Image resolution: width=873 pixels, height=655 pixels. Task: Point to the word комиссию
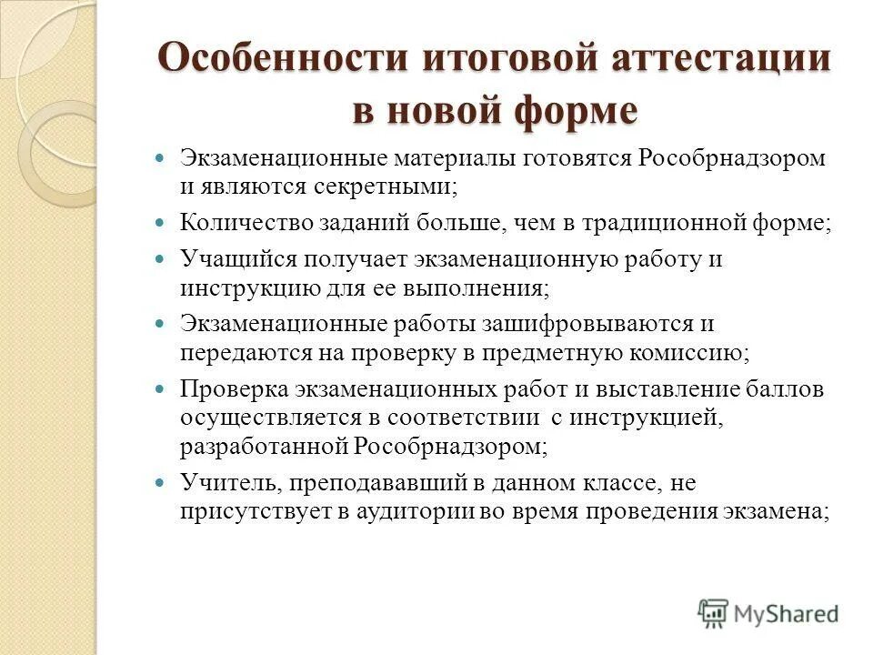coord(688,353)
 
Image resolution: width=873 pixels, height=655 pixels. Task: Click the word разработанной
coord(265,447)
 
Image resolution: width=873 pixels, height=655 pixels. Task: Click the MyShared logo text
coord(786,614)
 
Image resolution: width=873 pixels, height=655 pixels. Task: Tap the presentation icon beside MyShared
coord(713,614)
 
